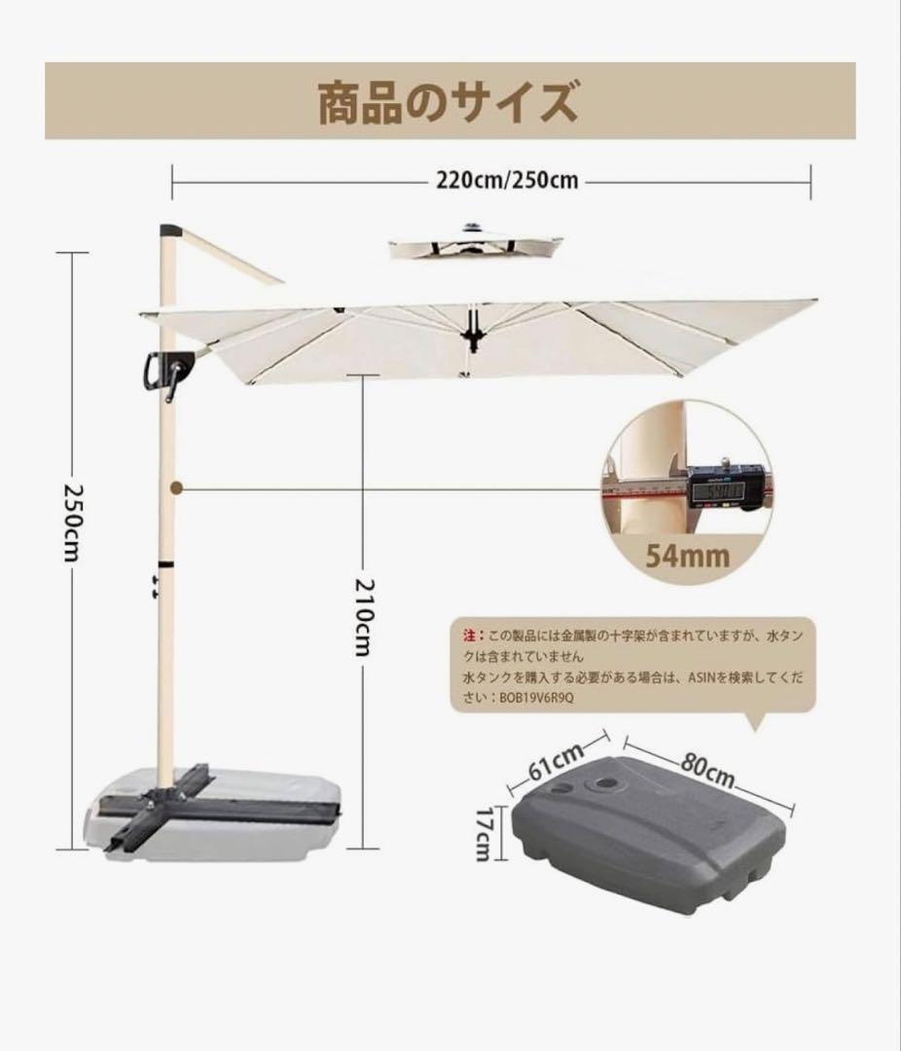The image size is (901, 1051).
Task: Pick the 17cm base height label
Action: tap(484, 831)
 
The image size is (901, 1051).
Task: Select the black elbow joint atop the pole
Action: tap(171, 233)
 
